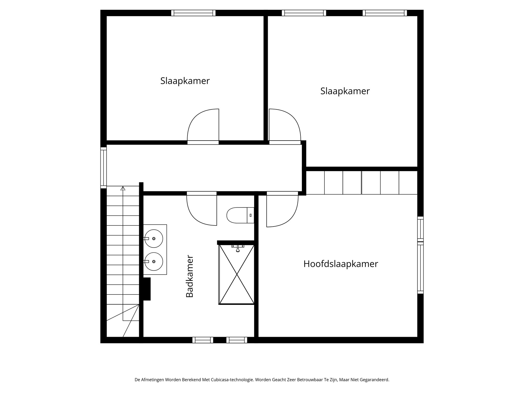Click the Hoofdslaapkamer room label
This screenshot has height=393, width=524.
(x=341, y=264)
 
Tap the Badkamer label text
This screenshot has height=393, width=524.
(x=189, y=276)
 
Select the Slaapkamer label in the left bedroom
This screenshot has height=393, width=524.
(x=185, y=81)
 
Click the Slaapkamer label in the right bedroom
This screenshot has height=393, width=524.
(x=345, y=91)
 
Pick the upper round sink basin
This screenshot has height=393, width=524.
(x=153, y=239)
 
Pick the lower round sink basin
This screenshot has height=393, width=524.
(x=153, y=261)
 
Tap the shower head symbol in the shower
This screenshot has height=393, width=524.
(x=238, y=249)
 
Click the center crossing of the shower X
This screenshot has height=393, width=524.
(x=237, y=275)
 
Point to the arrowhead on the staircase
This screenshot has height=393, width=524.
(x=123, y=188)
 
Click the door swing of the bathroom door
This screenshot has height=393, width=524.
(x=202, y=210)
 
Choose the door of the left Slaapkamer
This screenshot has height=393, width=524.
(x=203, y=126)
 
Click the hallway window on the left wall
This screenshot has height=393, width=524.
(x=103, y=168)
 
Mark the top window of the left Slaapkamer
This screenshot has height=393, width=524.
(x=193, y=13)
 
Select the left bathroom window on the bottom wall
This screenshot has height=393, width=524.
(x=203, y=340)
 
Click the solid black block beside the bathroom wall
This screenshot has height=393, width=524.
(x=147, y=289)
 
